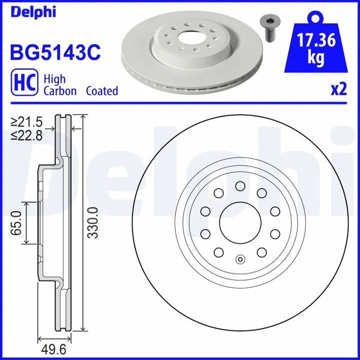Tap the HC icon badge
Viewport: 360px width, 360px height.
click(23, 84)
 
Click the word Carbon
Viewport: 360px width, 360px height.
click(60, 91)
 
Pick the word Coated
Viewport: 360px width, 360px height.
click(102, 91)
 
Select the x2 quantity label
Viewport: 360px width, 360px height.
click(338, 89)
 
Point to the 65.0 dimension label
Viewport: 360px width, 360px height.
click(16, 223)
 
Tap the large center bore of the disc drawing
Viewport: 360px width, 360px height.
click(239, 222)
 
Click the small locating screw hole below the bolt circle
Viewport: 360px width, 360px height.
click(240, 259)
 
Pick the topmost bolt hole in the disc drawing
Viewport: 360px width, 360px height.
click(239, 186)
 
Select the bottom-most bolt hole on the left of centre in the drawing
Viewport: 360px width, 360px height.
click(218, 251)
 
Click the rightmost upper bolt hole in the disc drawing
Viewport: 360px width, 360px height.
click(274, 211)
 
